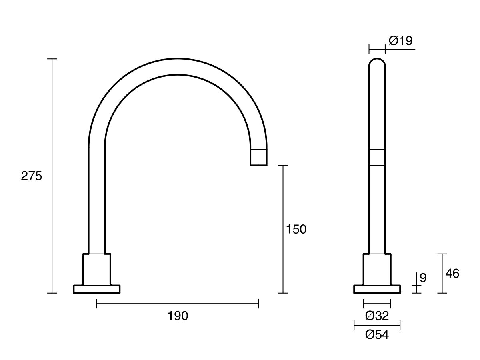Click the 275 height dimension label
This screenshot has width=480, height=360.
[x=31, y=176]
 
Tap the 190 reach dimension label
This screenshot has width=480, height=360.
[x=178, y=316]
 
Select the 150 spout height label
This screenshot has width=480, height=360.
[x=296, y=229]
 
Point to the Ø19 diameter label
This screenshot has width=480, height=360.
[x=401, y=41]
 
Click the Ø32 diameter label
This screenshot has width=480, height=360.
[x=377, y=316]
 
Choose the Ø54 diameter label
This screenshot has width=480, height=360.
[x=377, y=335]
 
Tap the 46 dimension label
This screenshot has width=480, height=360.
[x=452, y=274]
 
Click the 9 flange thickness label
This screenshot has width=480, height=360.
[x=423, y=278]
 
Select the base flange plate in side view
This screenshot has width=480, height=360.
[x=377, y=289]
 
